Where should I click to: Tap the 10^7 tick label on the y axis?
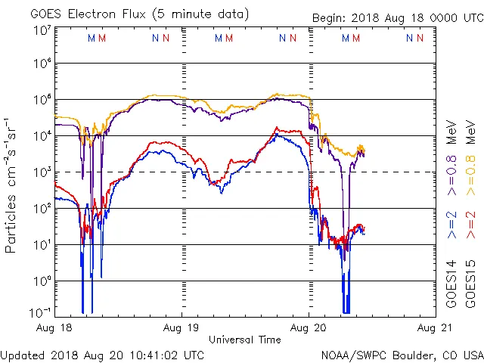(x=42, y=30)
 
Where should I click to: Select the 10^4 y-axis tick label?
(x=42, y=135)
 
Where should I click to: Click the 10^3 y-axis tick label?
(x=42, y=172)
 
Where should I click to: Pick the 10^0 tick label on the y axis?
(x=42, y=281)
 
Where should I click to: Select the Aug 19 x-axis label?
(x=181, y=329)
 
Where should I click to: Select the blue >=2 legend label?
(x=451, y=225)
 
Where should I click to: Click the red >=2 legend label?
(x=470, y=225)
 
